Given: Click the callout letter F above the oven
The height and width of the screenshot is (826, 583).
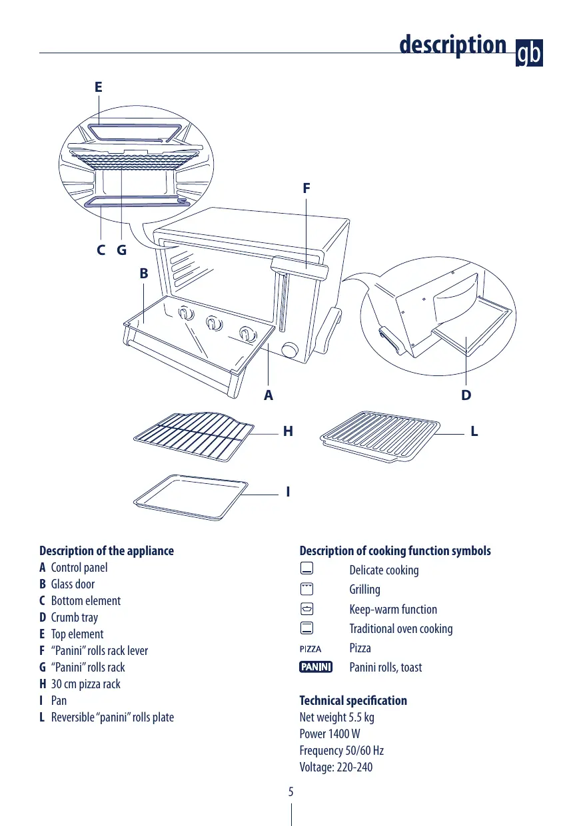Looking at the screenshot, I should [x=306, y=188].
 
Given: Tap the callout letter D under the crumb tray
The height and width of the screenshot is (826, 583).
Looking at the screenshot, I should [x=466, y=395].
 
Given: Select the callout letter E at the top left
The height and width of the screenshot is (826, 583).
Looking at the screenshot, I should [x=98, y=87].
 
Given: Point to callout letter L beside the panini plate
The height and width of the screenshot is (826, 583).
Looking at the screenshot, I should [x=474, y=431].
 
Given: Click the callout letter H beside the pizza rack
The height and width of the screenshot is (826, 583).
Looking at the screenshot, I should [x=288, y=431].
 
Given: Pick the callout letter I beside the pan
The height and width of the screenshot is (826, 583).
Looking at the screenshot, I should [x=288, y=492].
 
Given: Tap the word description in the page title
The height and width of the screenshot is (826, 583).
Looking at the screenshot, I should [x=452, y=45].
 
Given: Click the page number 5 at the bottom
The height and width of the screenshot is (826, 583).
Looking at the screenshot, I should [x=291, y=792].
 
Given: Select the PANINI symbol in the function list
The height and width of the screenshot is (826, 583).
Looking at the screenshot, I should [x=316, y=667].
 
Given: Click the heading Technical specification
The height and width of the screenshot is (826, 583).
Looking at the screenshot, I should [x=353, y=700].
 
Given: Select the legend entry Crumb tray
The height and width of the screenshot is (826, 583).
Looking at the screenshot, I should [x=74, y=618].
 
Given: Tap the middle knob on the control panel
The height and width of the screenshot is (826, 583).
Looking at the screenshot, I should [x=213, y=323].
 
